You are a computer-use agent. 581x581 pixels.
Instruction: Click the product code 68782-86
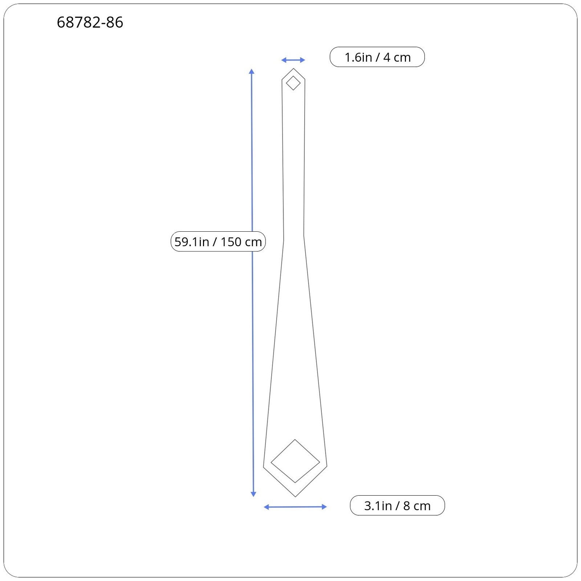pos(90,23)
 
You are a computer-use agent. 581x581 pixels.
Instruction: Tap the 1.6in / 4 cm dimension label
pos(377,57)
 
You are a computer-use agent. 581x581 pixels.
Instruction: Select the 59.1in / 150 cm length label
pos(218,241)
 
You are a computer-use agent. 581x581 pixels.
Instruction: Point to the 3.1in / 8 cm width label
pos(397,505)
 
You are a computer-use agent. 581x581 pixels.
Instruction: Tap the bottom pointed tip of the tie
pos(296,496)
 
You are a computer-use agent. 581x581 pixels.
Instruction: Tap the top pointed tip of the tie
pos(293,69)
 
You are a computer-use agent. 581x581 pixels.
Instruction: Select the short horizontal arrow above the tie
pos(293,60)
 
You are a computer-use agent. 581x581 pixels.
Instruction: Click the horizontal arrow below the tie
pos(295,507)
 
